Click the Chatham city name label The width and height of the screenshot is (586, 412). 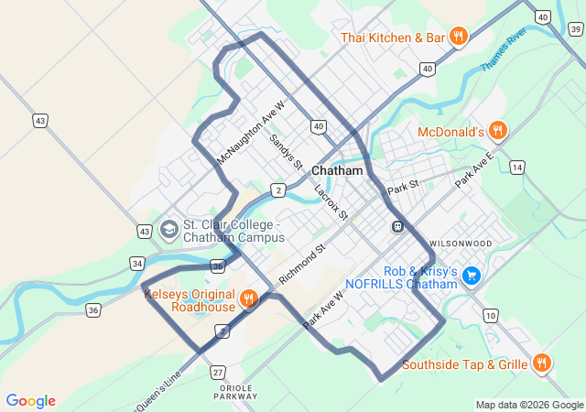point(337,171)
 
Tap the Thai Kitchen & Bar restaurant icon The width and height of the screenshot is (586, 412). point(458,38)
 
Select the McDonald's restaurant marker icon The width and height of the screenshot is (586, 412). point(497,131)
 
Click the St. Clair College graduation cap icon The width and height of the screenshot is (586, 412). point(168,228)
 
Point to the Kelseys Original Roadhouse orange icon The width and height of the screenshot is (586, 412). point(248,298)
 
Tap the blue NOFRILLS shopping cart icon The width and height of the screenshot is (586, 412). point(472,275)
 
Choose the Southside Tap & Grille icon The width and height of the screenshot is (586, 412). point(542,363)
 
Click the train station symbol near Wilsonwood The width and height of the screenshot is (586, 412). point(397,226)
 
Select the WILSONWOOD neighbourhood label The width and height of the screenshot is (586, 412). point(460,244)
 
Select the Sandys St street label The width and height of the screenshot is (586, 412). point(286,153)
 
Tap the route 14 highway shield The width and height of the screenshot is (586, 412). point(517,168)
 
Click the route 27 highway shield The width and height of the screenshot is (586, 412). point(217,372)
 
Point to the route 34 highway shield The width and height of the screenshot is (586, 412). point(136,264)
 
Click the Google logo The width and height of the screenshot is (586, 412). point(30,401)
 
